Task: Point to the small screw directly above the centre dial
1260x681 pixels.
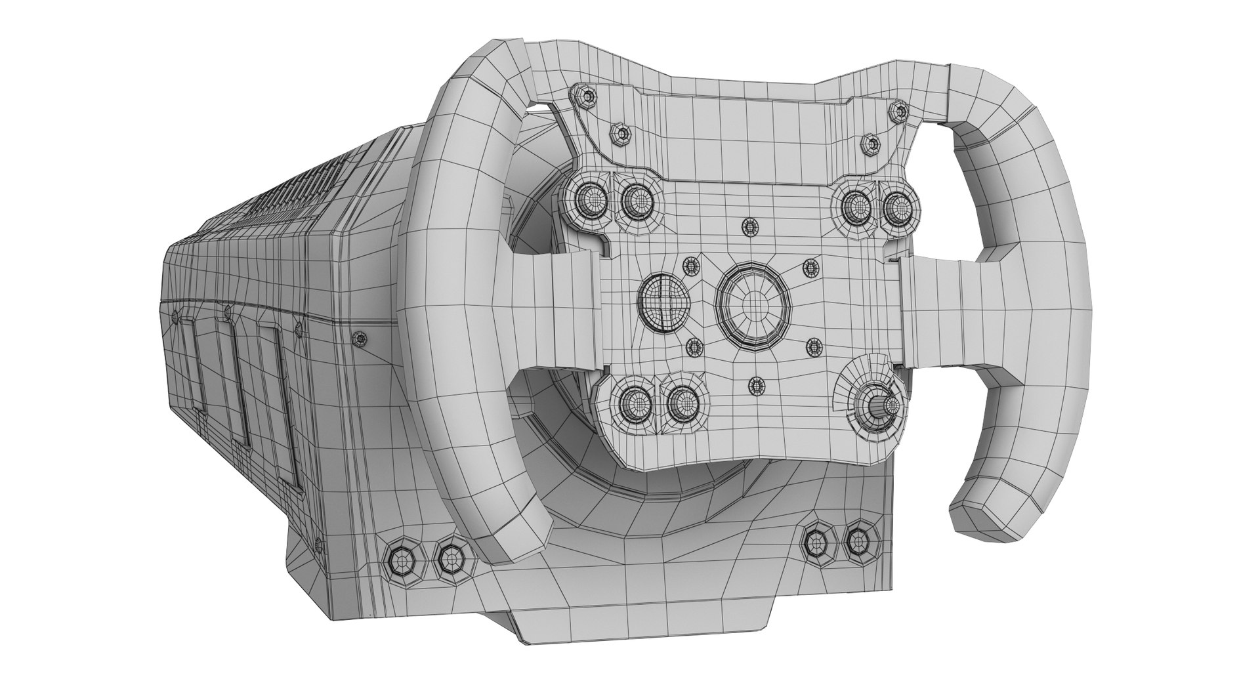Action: pyautogui.click(x=749, y=227)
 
